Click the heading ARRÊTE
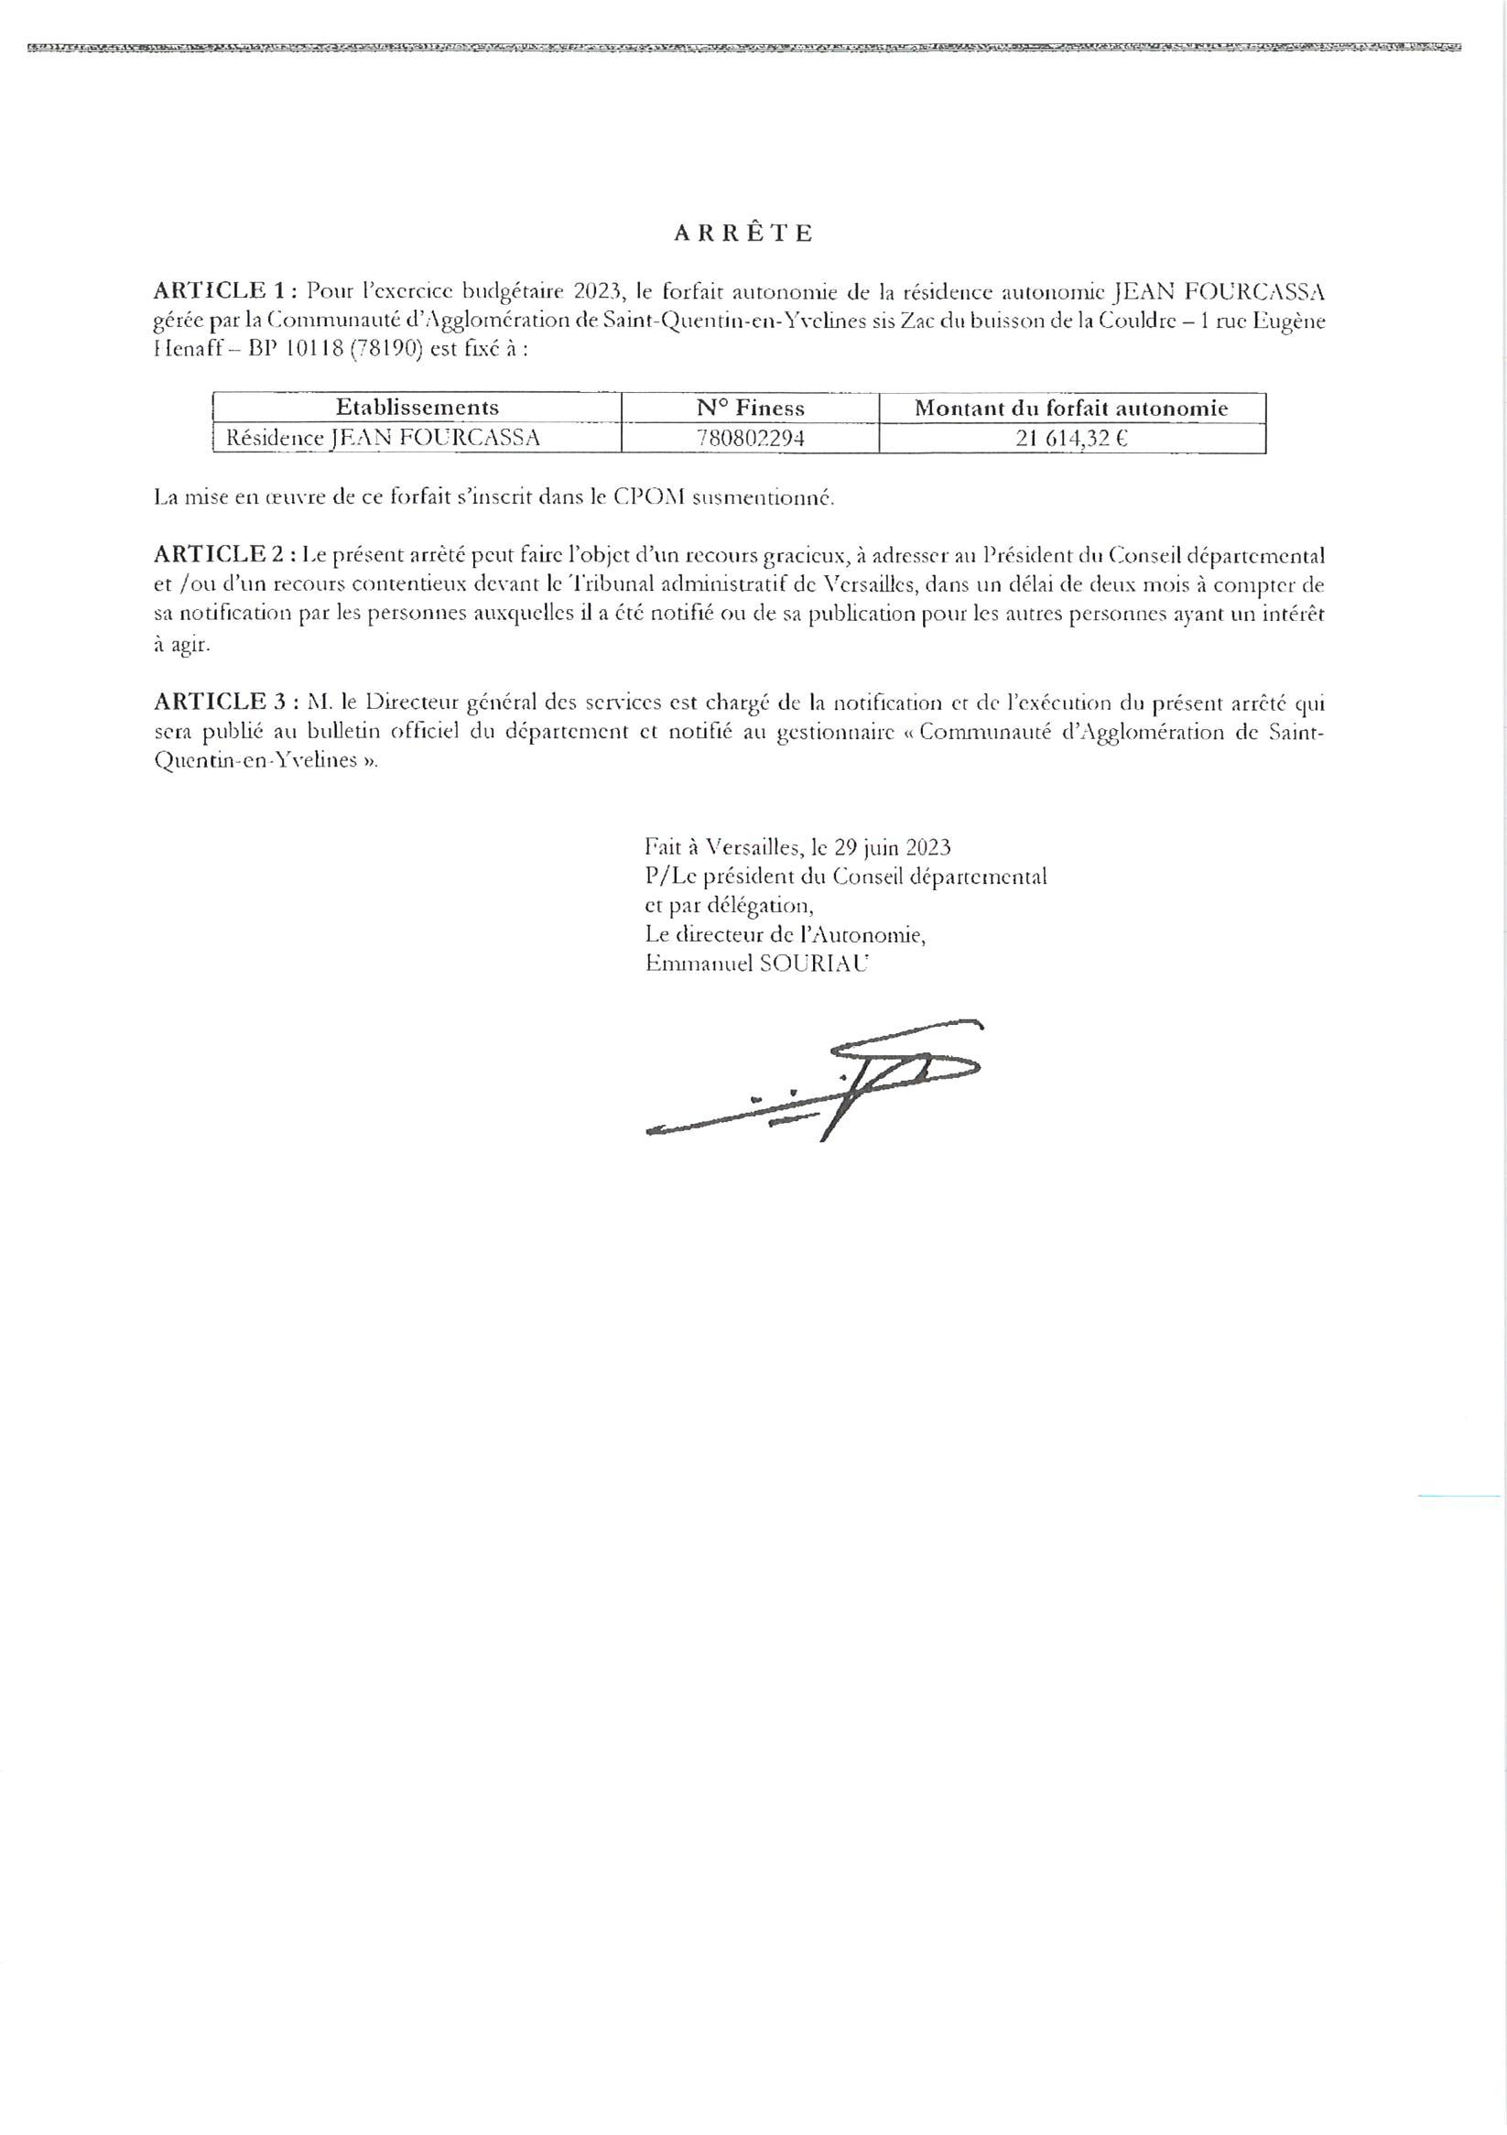pyautogui.click(x=743, y=234)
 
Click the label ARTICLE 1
pyautogui.click(x=218, y=291)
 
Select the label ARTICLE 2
pyautogui.click(x=218, y=555)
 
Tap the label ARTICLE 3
pyautogui.click(x=218, y=703)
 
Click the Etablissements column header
pyautogui.click(x=417, y=408)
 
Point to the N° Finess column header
pyautogui.click(x=749, y=408)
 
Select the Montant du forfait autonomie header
pyautogui.click(x=1071, y=408)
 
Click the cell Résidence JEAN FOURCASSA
pyautogui.click(x=383, y=438)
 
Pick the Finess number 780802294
pyautogui.click(x=749, y=438)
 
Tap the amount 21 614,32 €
pyautogui.click(x=1071, y=438)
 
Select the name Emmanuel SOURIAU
pyautogui.click(x=756, y=964)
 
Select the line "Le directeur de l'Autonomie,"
pyautogui.click(x=785, y=933)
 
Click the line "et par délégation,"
pyautogui.click(x=729, y=905)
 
